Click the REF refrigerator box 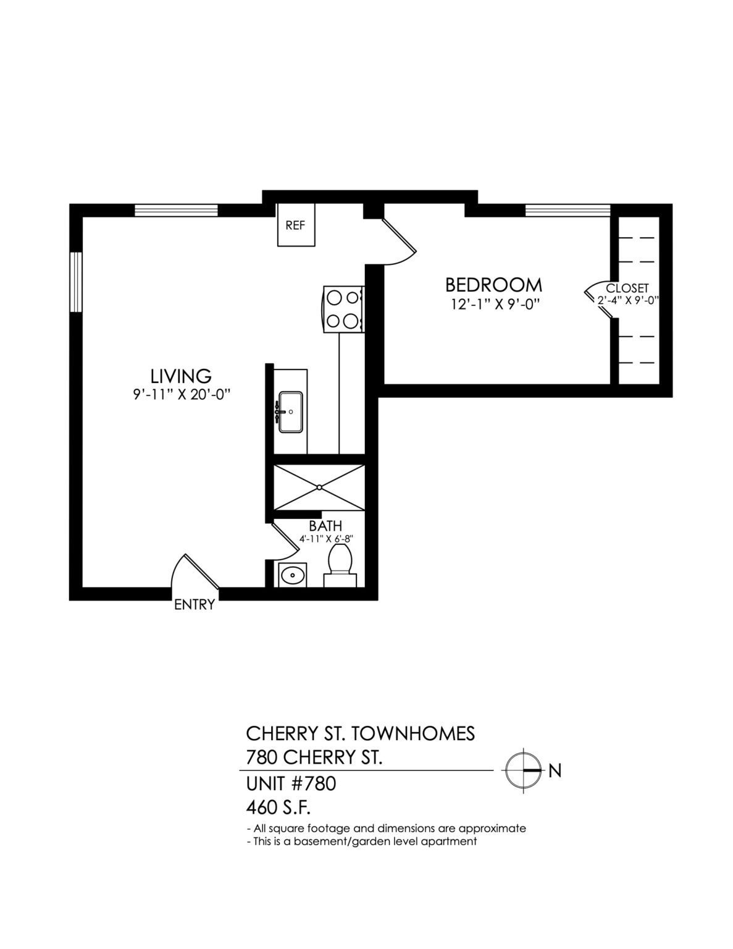(295, 225)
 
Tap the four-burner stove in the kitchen (343, 309)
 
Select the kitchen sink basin (290, 411)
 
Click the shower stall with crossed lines (319, 487)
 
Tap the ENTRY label (195, 605)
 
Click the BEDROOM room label (493, 285)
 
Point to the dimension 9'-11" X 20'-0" (181, 395)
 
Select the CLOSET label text (627, 288)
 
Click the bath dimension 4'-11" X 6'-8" (325, 539)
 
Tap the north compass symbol (523, 770)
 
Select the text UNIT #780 (291, 783)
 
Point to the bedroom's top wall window (568, 210)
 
